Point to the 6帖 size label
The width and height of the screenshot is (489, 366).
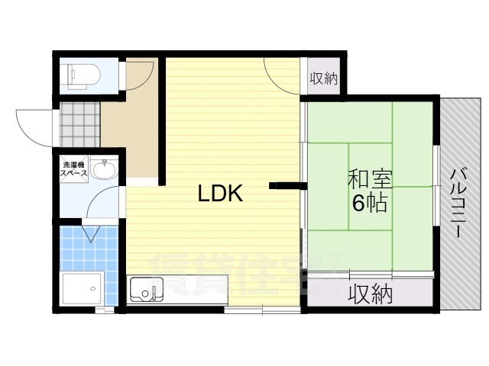(x=369, y=204)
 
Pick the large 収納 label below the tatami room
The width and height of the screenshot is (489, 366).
(x=371, y=294)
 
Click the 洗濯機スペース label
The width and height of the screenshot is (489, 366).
(x=74, y=170)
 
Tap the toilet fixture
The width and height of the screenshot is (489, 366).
(x=80, y=75)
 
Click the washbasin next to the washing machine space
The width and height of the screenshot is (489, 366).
(x=102, y=168)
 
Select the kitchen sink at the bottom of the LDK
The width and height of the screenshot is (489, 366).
(x=148, y=291)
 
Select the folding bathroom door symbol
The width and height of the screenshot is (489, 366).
(x=90, y=230)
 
